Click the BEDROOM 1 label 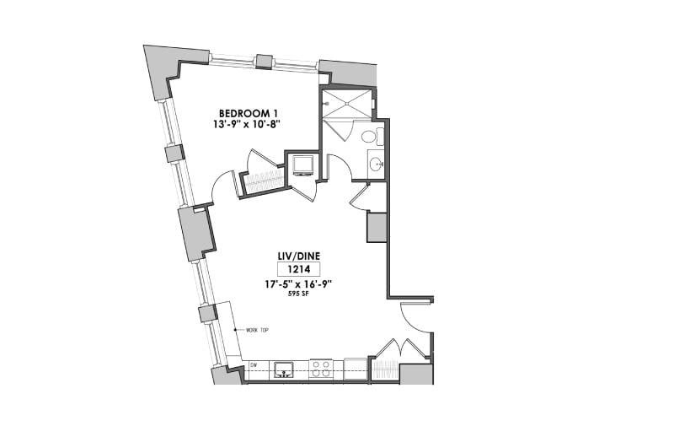(247, 114)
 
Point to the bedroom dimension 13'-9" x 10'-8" (247, 124)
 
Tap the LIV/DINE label (299, 256)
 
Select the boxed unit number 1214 (299, 269)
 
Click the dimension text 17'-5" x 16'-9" (299, 284)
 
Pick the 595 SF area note (299, 294)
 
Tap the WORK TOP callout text (257, 330)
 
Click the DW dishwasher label (254, 365)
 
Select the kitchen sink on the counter (283, 370)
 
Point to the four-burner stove (321, 369)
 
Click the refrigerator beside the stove (355, 369)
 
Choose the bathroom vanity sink (377, 164)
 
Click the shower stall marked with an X (346, 103)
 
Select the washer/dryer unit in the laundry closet (303, 165)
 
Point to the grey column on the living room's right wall (377, 227)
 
